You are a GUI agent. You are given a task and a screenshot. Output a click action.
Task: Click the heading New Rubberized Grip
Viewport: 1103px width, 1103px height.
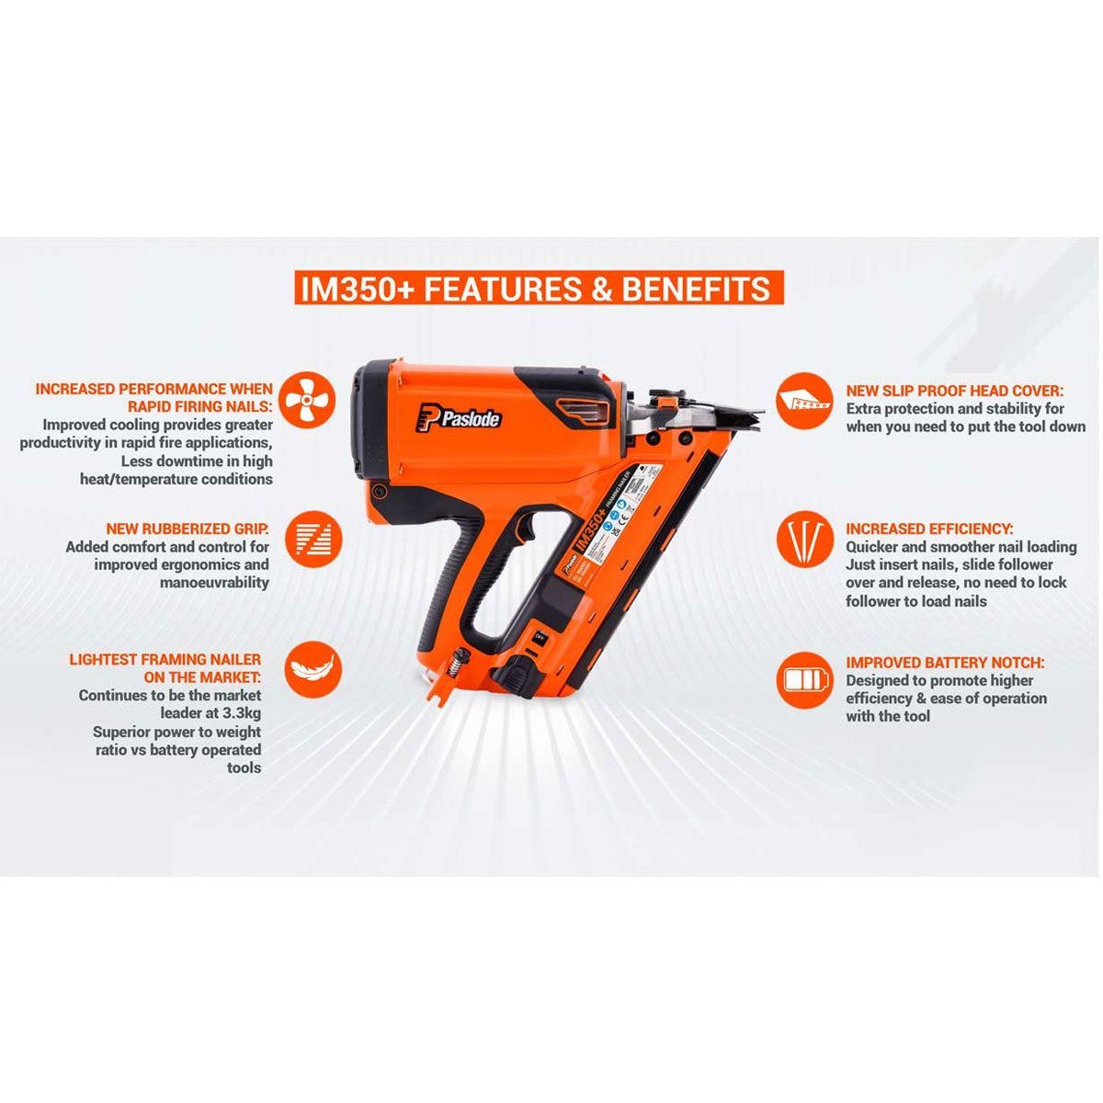(188, 529)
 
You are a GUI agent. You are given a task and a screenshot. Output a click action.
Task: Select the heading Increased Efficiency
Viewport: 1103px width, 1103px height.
(929, 529)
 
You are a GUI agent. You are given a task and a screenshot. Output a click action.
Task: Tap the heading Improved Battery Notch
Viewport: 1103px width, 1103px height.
(945, 663)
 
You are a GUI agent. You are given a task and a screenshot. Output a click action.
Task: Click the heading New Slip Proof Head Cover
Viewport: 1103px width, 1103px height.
(954, 390)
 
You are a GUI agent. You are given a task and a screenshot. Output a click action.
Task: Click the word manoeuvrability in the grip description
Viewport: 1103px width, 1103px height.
(213, 582)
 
